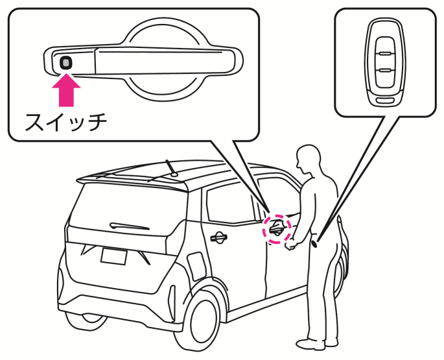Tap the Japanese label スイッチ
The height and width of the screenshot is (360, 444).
coord(65,121)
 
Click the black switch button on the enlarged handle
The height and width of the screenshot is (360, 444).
coord(66,62)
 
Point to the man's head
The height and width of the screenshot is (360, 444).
coord(308,160)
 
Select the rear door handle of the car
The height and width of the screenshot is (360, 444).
coord(218,237)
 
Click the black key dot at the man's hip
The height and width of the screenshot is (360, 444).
coord(316,244)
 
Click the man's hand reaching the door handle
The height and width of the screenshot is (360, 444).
coord(291,244)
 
